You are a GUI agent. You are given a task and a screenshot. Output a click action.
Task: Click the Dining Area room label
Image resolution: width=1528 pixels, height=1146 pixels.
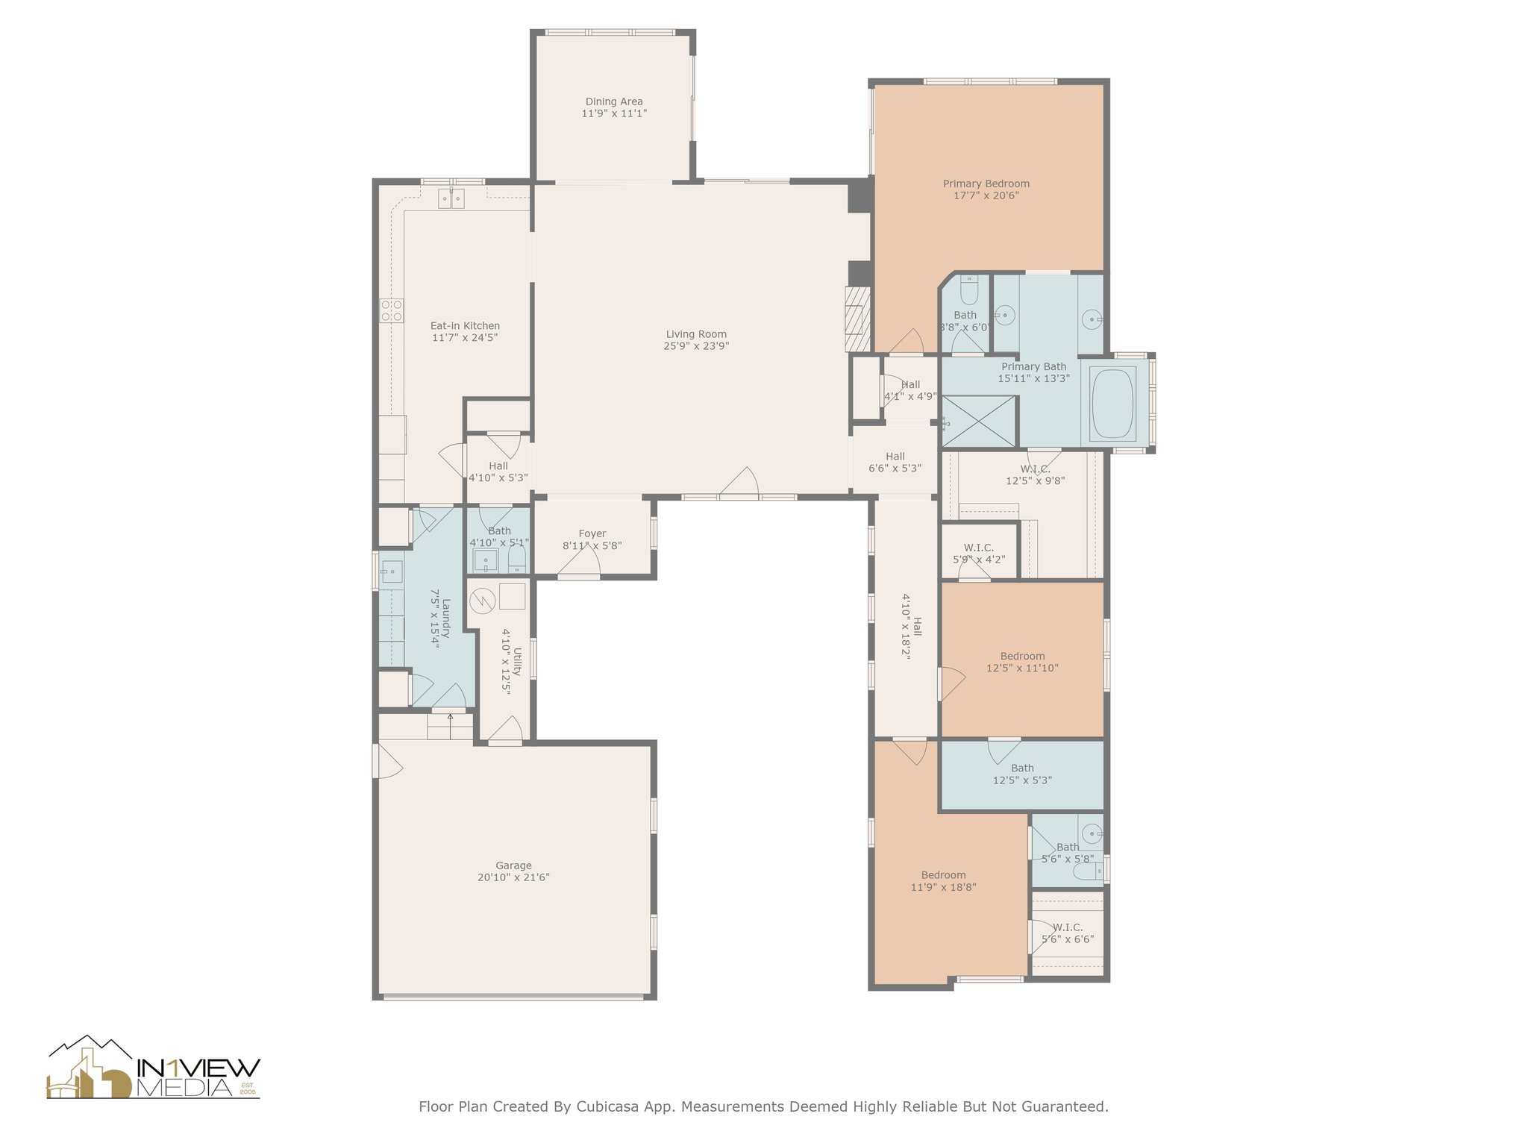click(614, 101)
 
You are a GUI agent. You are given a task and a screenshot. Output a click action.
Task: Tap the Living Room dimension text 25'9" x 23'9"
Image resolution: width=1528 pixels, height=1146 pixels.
click(696, 346)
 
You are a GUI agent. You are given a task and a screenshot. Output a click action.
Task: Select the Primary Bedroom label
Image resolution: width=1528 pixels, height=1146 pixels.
click(986, 184)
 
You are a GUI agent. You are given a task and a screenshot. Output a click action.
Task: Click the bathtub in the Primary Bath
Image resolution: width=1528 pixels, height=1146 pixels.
click(1113, 404)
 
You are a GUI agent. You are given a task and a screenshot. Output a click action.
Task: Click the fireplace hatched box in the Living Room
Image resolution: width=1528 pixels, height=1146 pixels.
click(858, 319)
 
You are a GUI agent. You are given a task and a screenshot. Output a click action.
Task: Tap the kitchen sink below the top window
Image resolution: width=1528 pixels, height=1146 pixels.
click(451, 198)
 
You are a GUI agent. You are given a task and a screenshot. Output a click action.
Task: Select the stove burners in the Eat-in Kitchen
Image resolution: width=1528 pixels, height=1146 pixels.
click(392, 310)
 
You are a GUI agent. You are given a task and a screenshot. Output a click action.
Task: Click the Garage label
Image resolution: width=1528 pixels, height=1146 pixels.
click(514, 865)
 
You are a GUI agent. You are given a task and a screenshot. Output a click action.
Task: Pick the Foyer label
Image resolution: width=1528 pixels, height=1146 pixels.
click(592, 533)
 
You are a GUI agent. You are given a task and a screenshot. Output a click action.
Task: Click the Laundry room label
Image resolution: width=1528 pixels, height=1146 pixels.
click(446, 619)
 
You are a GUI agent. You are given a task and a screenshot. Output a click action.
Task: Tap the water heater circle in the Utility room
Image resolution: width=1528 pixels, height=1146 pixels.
click(483, 599)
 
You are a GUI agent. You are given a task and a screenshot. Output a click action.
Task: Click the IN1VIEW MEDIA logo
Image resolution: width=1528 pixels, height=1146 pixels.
click(154, 1068)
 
